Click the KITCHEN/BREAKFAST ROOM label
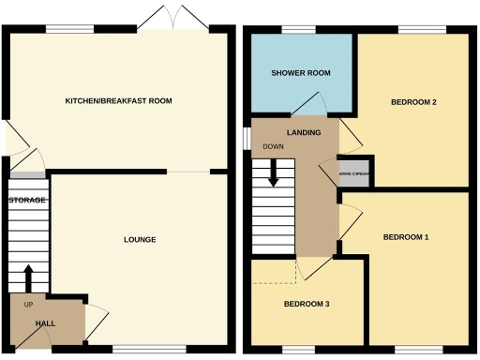pyautogui.click(x=118, y=100)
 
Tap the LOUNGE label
pyautogui.click(x=140, y=240)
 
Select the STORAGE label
pyautogui.click(x=27, y=200)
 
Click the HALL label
pyautogui.click(x=45, y=323)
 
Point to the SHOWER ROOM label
pyautogui.click(x=301, y=73)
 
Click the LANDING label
pyautogui.click(x=304, y=132)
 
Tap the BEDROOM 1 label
pyautogui.click(x=405, y=237)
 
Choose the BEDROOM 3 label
pyautogui.click(x=307, y=305)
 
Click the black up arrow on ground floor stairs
pyautogui.click(x=28, y=278)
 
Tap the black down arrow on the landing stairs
pyautogui.click(x=275, y=172)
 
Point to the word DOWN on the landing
pyautogui.click(x=274, y=147)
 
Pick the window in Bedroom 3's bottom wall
pyautogui.click(x=298, y=351)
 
